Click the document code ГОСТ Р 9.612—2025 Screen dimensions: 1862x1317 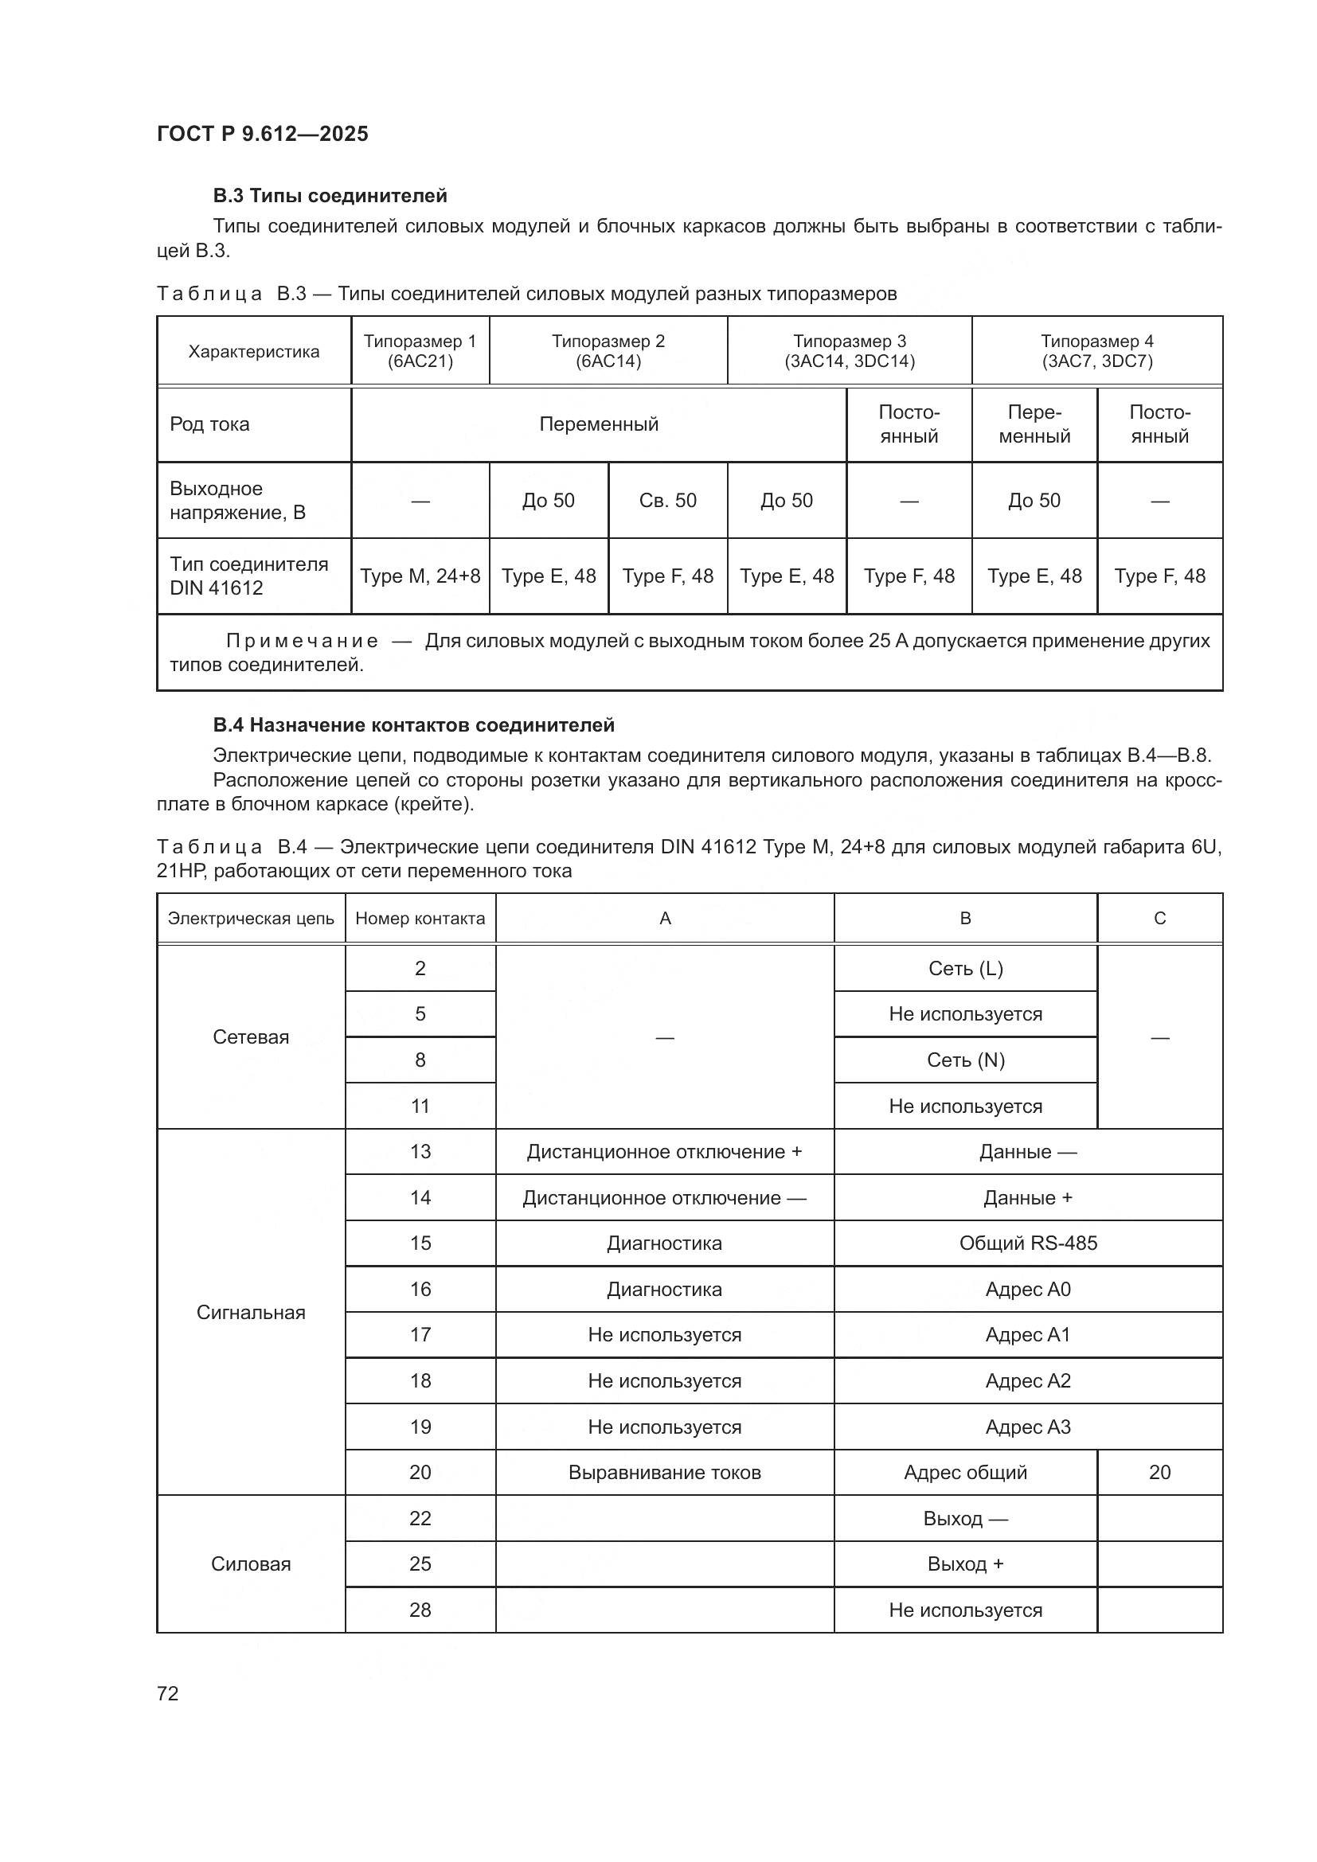[262, 134]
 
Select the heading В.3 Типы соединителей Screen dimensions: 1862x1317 [330, 196]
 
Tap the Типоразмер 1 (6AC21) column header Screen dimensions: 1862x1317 [420, 351]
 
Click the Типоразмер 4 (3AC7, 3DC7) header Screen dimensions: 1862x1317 [1096, 351]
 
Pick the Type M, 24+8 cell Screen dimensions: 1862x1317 [420, 576]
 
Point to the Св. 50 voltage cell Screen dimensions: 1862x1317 [667, 501]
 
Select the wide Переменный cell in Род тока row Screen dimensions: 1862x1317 [599, 424]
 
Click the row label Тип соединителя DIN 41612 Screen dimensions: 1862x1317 [249, 576]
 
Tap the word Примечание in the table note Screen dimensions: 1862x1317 [302, 641]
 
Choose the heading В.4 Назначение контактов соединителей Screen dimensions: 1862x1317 [413, 725]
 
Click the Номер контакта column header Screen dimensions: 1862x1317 [420, 918]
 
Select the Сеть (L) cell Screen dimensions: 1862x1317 [965, 968]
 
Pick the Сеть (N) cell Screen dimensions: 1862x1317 [965, 1060]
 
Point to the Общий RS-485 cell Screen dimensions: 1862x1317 [1027, 1243]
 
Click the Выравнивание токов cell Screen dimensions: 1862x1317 [664, 1472]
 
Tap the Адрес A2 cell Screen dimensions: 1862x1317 [1027, 1380]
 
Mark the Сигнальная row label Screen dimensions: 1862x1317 [251, 1312]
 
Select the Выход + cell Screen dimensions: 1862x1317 [965, 1563]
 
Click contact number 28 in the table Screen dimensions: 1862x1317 [420, 1610]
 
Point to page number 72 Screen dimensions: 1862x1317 [168, 1693]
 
